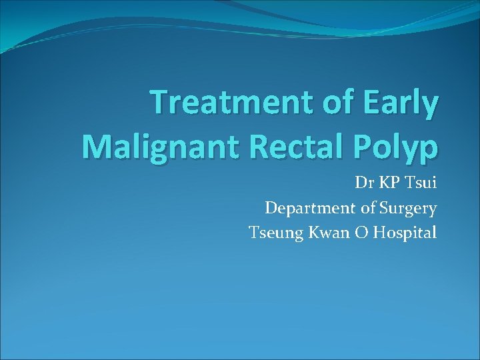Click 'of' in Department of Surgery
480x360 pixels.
[367, 209]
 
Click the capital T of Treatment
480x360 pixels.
[159, 103]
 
